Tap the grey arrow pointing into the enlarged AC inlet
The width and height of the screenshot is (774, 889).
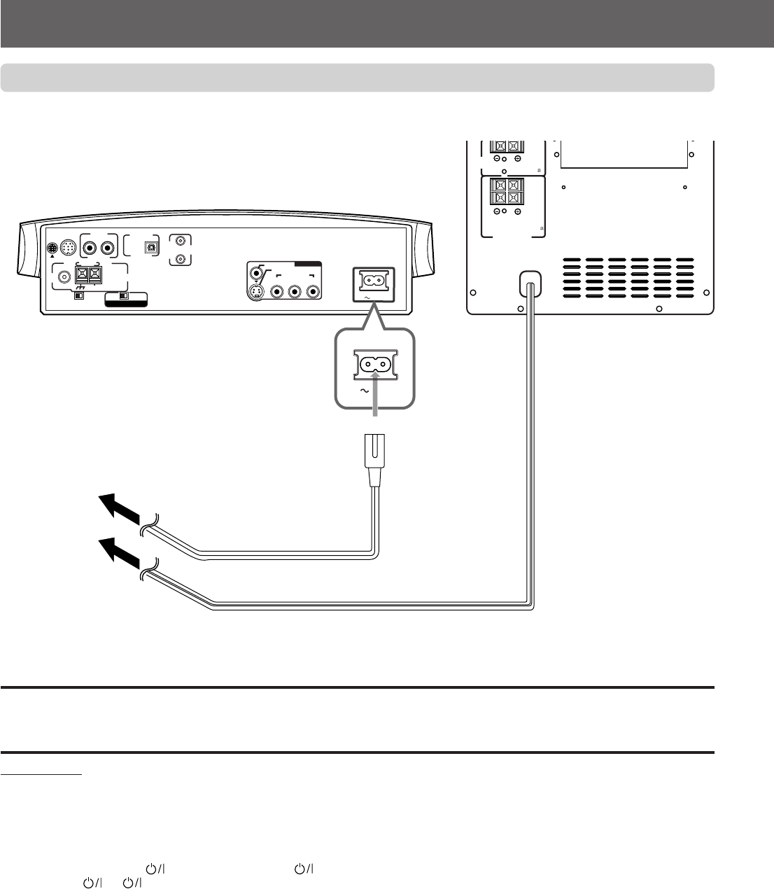point(377,396)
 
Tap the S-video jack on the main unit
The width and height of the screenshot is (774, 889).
point(258,292)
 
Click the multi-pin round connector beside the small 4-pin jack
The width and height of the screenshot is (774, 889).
point(67,247)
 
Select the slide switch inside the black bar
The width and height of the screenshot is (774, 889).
point(125,296)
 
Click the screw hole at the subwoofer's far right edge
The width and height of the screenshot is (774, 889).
point(706,293)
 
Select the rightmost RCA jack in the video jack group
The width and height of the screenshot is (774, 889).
point(311,292)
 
